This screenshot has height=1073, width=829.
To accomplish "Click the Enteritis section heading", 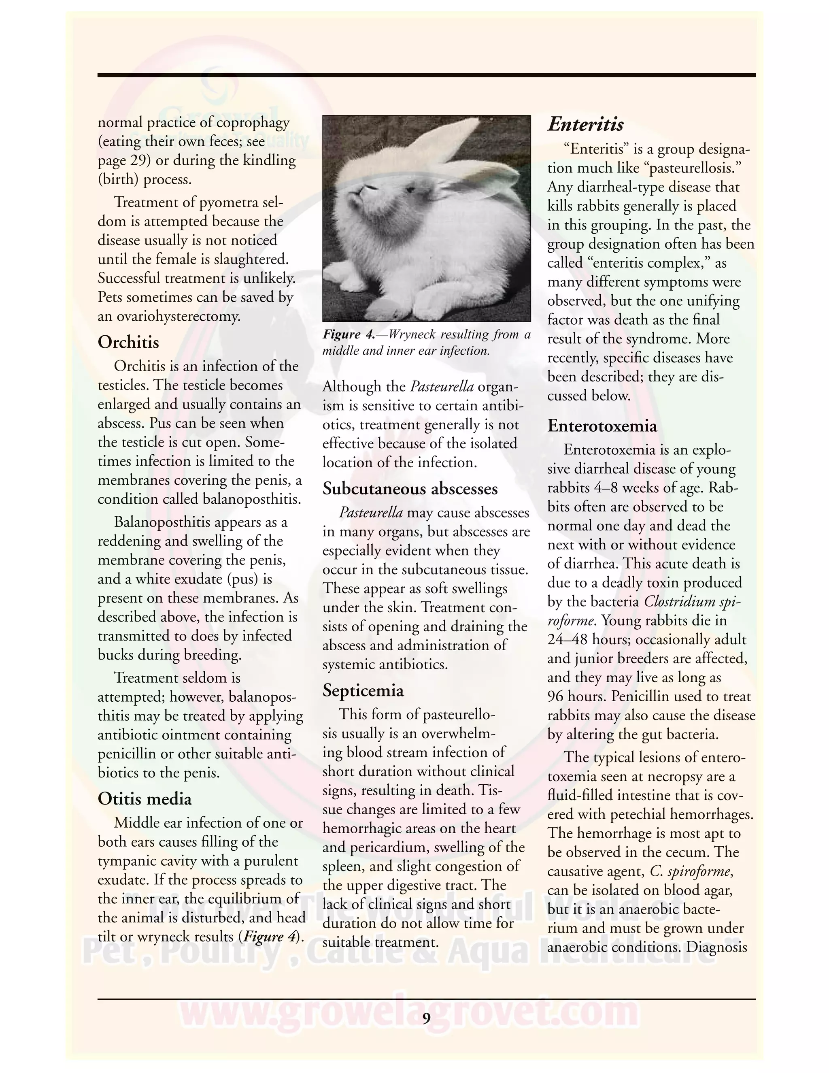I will click(585, 124).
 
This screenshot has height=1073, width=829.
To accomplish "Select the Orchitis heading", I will click(128, 342).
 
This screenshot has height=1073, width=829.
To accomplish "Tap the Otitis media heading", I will click(145, 799).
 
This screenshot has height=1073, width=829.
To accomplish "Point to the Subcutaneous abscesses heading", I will click(410, 489).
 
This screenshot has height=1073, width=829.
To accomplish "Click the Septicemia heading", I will click(363, 691).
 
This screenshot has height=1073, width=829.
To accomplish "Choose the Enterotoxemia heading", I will click(602, 426).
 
